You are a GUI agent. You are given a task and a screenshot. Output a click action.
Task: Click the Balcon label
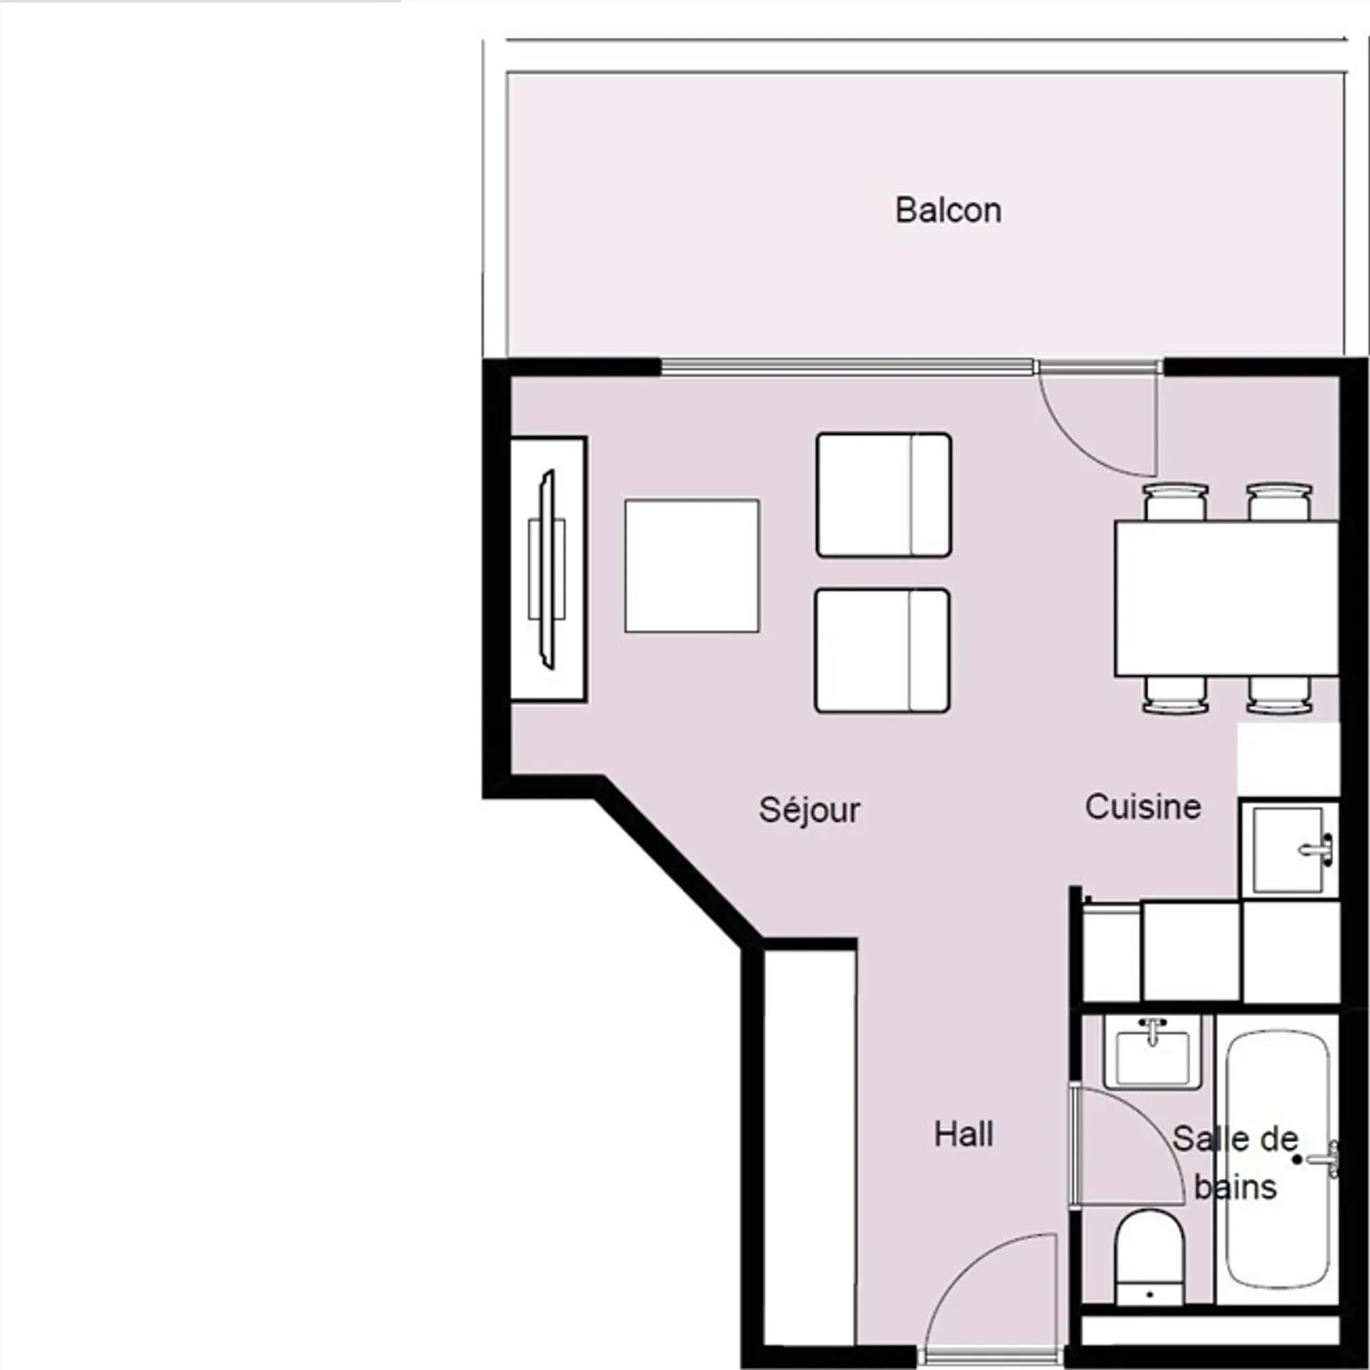point(948,210)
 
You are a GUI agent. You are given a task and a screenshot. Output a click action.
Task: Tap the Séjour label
point(809,810)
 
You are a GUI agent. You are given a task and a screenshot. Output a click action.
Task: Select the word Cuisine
point(1142,807)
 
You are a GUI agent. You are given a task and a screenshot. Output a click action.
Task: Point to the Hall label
point(963,1134)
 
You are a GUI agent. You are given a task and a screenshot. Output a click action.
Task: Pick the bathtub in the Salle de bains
point(1277,1161)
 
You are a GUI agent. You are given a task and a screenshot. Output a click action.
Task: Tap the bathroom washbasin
point(1152,1053)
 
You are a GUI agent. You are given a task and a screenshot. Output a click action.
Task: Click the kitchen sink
point(1289,849)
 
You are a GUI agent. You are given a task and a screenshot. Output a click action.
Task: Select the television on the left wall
point(547,569)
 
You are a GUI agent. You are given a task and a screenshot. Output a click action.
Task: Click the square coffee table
point(692,565)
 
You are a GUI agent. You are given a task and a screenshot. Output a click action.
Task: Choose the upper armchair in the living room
point(883,495)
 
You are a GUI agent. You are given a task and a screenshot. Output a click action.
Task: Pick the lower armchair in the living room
point(882,651)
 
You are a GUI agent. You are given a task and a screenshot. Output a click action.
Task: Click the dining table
point(1226,597)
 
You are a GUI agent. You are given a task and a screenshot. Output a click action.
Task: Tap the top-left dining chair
point(1176,501)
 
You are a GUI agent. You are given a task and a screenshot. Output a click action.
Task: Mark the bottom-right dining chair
point(1280,695)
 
